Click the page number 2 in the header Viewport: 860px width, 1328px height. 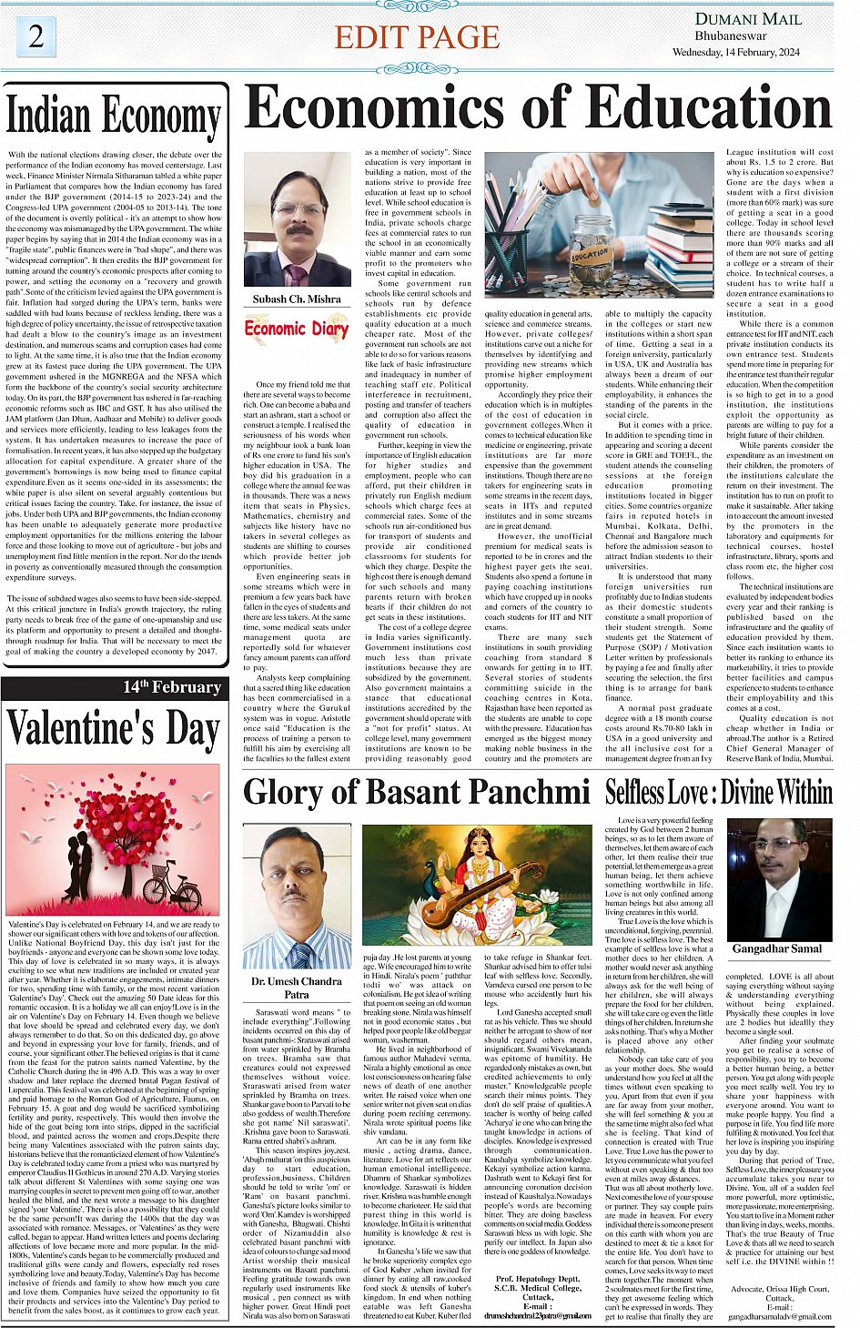35,36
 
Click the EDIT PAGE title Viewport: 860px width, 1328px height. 417,37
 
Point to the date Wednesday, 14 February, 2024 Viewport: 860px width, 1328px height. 735,53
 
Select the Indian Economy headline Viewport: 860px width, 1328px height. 114,116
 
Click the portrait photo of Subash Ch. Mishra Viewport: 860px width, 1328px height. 297,219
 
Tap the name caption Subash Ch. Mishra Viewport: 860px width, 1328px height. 297,299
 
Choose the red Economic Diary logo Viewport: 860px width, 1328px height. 297,329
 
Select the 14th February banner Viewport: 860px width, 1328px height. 172,687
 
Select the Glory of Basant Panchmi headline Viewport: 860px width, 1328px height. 417,792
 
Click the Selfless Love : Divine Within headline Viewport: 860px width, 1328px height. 719,792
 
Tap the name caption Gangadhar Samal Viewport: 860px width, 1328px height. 776,948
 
